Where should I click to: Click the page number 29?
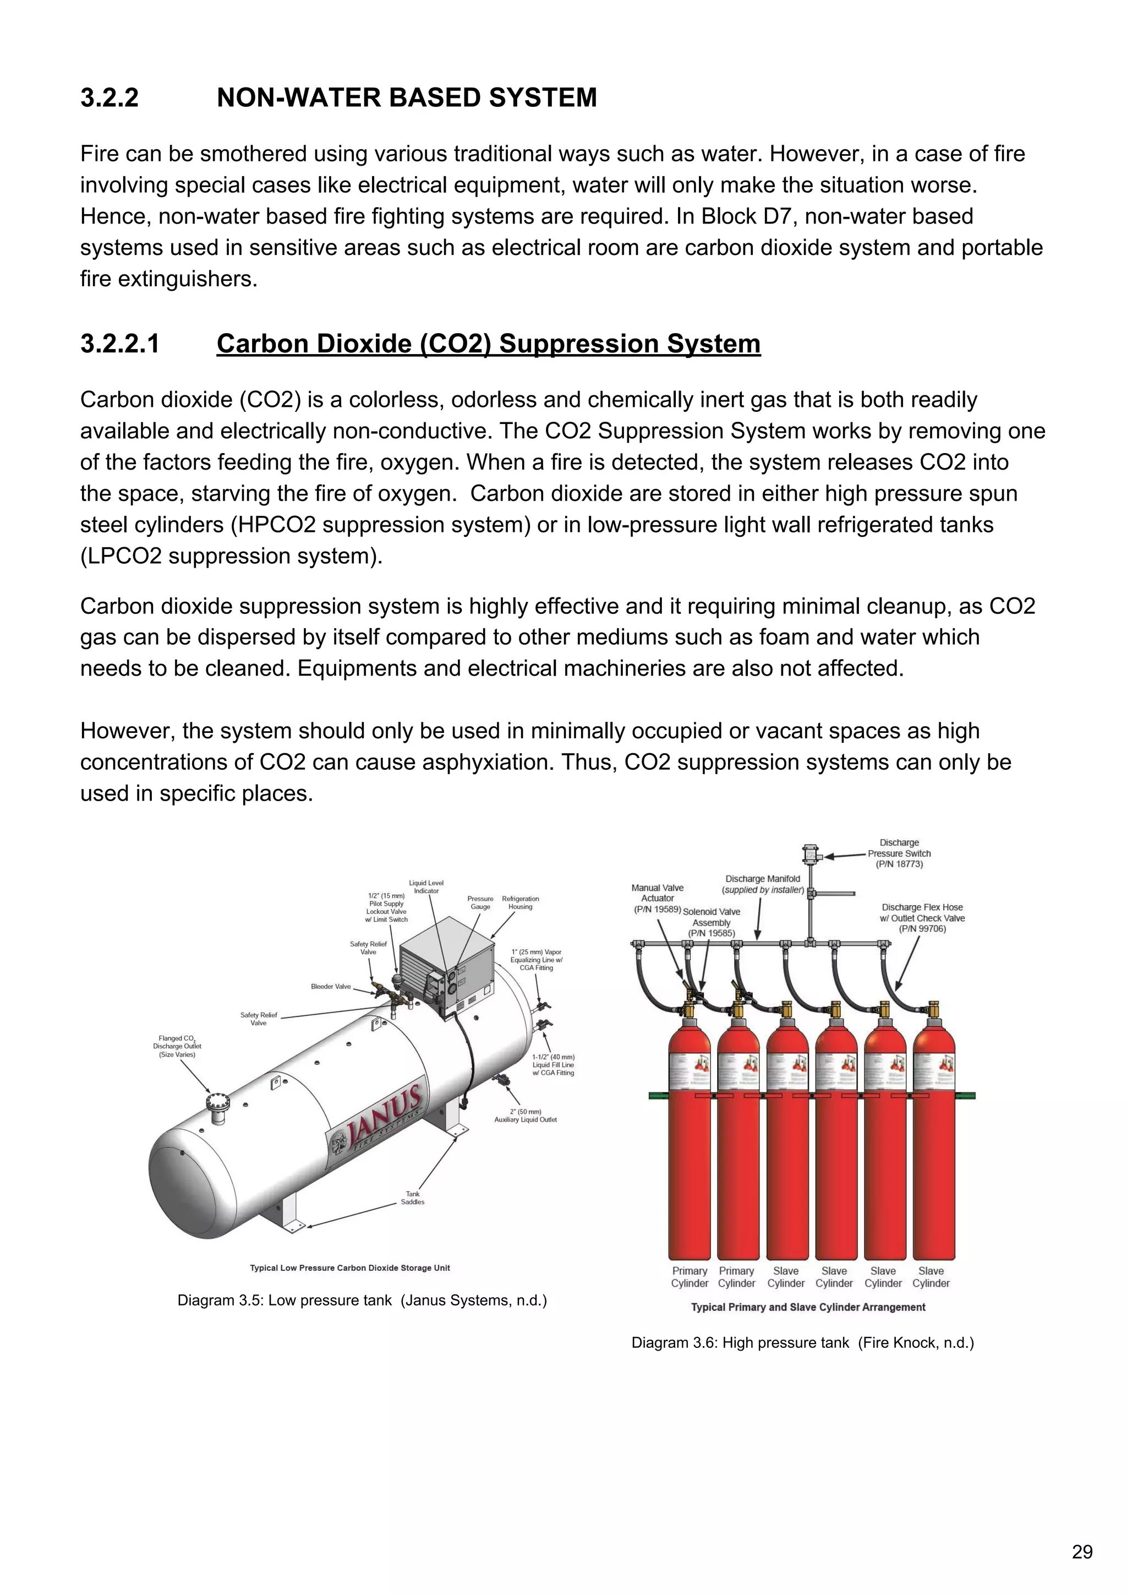pos(1082,1552)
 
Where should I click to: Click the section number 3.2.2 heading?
pos(109,97)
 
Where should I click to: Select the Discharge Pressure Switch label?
pos(899,853)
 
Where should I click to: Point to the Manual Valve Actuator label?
pos(657,897)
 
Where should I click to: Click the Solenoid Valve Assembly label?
pos(712,922)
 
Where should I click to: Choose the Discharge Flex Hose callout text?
pos(922,918)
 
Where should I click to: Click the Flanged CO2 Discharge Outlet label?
pos(177,1046)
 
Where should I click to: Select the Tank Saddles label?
pos(412,1198)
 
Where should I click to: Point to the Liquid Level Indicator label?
pos(426,886)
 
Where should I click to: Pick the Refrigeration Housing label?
pos(520,902)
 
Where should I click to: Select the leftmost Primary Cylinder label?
pos(689,1277)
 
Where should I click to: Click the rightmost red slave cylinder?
pos(934,1145)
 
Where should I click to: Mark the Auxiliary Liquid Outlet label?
pos(526,1115)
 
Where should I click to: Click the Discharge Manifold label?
pos(763,884)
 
